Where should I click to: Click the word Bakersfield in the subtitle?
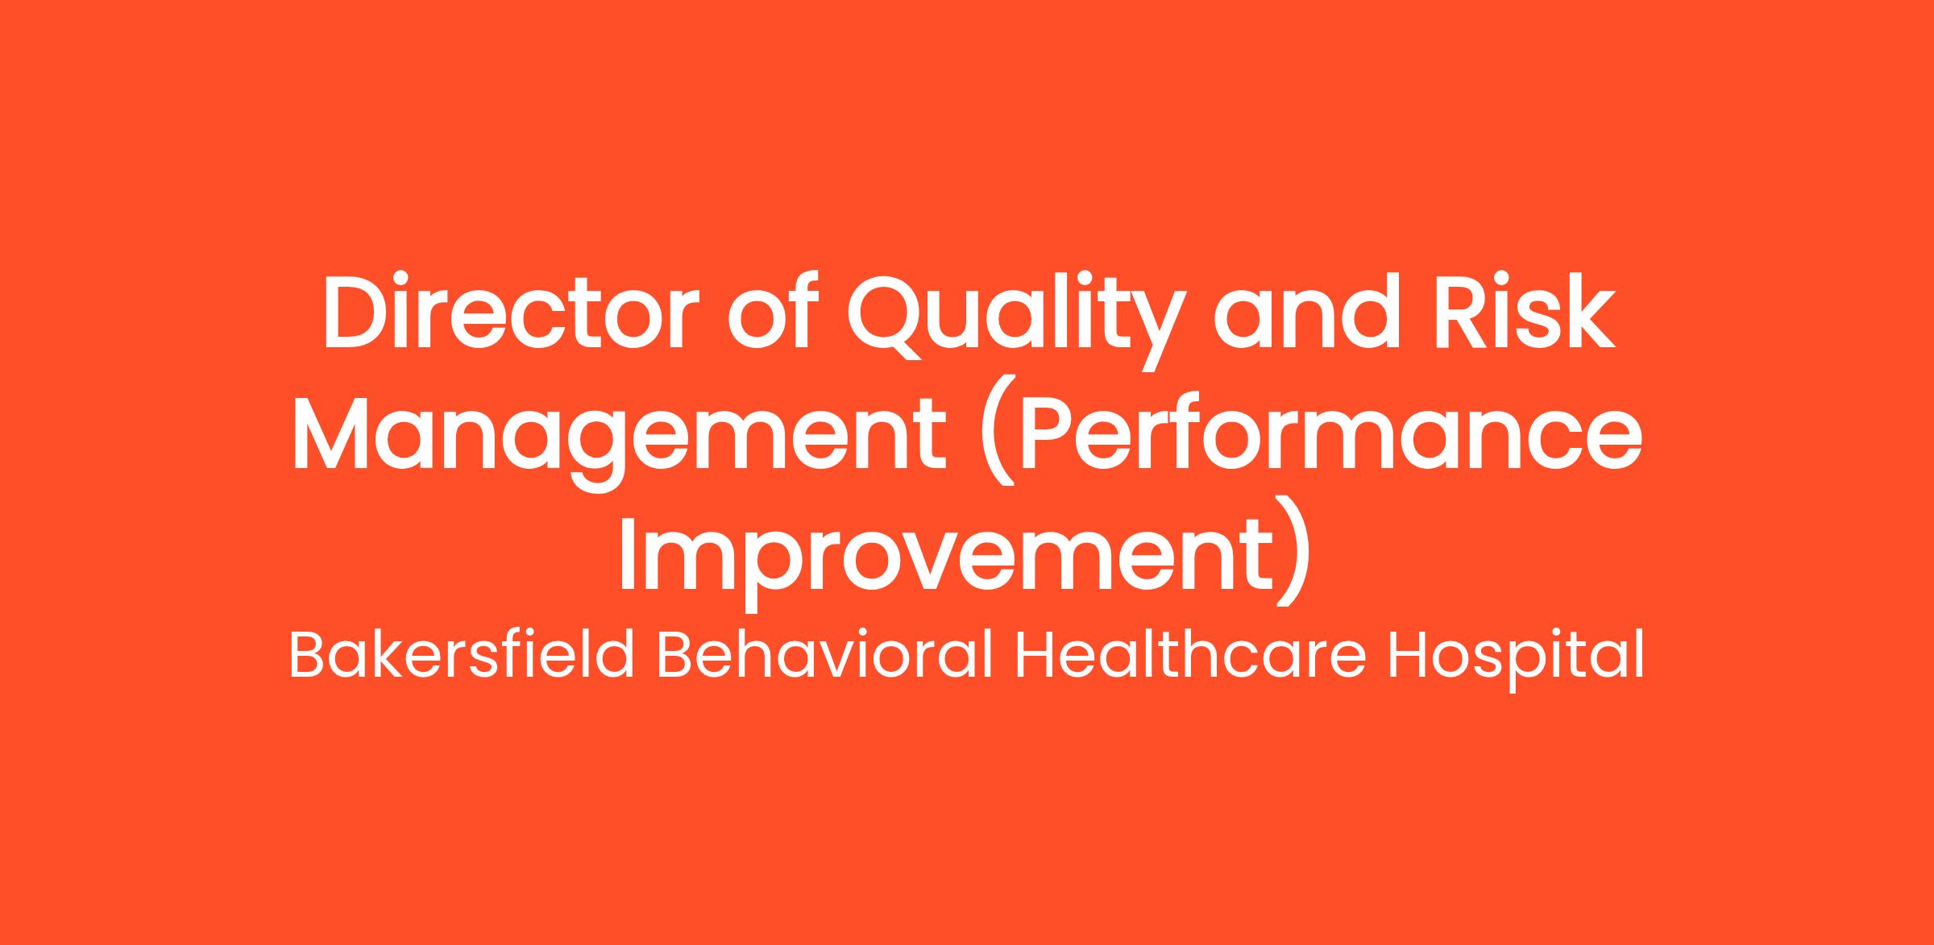point(462,657)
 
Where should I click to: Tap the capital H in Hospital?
point(1409,657)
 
